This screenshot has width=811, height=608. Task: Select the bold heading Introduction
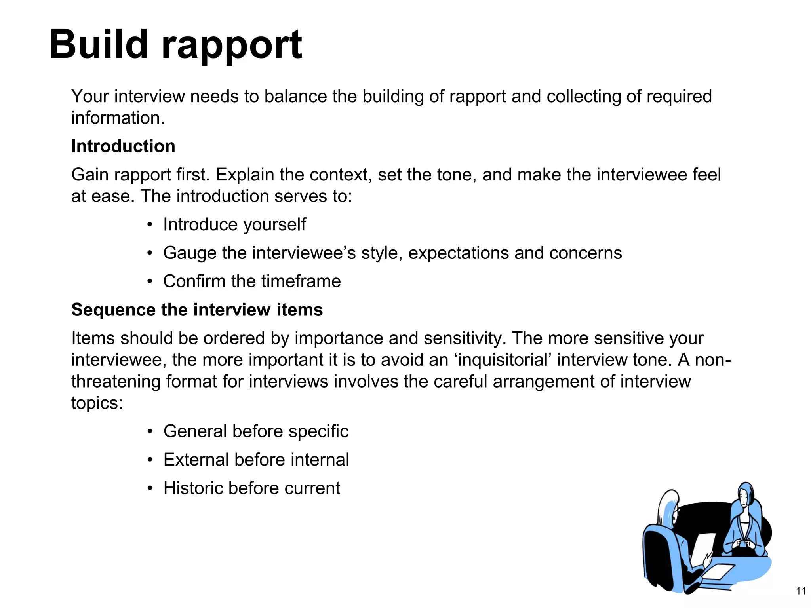pos(123,146)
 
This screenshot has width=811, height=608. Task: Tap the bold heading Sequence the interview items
pos(197,310)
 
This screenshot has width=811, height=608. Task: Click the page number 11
pos(801,591)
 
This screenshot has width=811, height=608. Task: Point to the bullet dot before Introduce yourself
pos(149,225)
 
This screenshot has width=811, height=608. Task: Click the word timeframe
pos(301,281)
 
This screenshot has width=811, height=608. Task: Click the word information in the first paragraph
pos(117,118)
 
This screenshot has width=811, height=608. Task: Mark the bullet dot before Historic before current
pos(149,488)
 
